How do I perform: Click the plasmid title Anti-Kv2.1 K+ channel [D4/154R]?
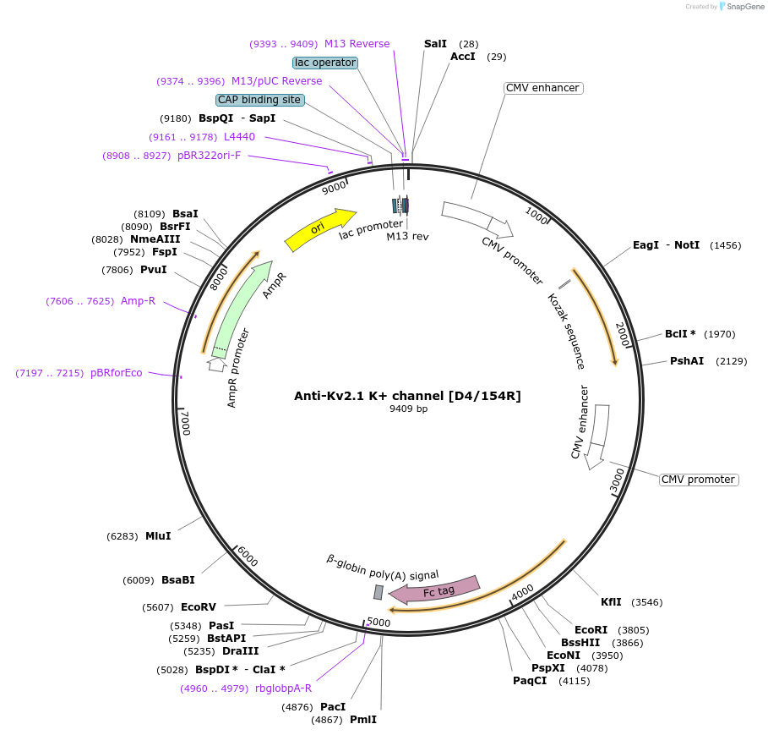click(x=407, y=395)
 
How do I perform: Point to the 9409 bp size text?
click(x=408, y=409)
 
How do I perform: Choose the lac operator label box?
click(x=325, y=63)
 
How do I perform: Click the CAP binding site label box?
click(x=259, y=100)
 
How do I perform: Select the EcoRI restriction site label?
click(x=591, y=630)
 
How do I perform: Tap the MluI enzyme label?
click(x=158, y=535)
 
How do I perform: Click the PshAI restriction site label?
click(x=687, y=361)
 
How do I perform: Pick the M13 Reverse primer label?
click(x=357, y=44)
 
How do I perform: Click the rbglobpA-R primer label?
click(x=283, y=688)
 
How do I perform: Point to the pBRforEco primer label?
click(x=117, y=373)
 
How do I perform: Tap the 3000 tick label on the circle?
click(x=617, y=480)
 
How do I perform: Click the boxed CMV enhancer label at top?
click(x=542, y=88)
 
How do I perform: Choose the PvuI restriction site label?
click(x=153, y=270)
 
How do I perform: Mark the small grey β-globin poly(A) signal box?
click(x=379, y=592)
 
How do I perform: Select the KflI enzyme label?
click(x=611, y=602)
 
